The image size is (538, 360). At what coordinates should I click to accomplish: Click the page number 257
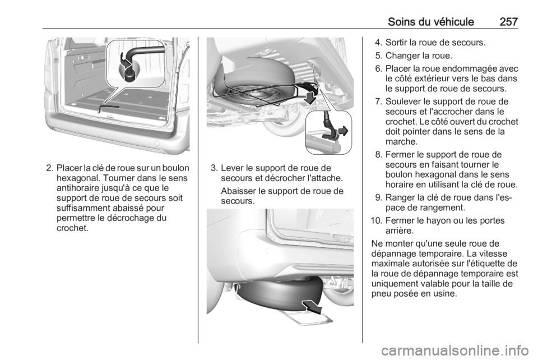click(508, 22)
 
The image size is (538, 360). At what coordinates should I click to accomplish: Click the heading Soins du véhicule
click(431, 22)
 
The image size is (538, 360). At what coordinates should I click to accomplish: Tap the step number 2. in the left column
click(49, 168)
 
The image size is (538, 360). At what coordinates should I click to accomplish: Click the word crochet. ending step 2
click(72, 228)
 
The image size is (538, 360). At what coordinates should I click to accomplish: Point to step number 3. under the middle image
click(214, 168)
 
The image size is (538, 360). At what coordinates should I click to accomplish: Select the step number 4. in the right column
click(379, 43)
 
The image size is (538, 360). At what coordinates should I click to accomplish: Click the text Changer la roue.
click(419, 56)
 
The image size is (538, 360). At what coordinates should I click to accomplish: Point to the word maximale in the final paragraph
click(388, 264)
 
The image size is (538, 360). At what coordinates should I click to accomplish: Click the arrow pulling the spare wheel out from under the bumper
click(312, 307)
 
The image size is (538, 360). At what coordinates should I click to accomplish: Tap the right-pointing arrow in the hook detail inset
click(344, 131)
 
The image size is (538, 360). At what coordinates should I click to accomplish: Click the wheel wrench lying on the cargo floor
click(108, 108)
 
